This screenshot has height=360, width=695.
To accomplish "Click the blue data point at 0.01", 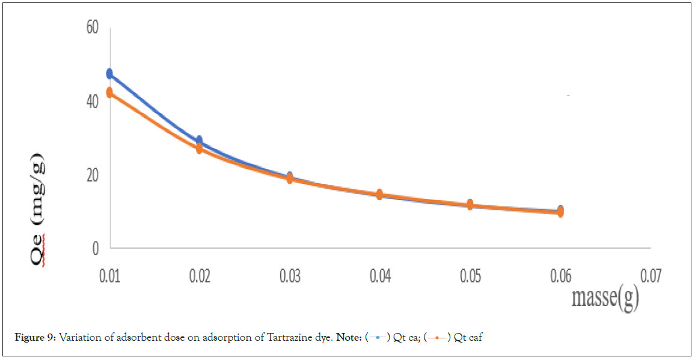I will click(x=109, y=73).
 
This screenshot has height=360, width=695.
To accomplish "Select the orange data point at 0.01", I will click(x=109, y=93).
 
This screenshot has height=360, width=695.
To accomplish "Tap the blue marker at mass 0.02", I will click(x=200, y=141).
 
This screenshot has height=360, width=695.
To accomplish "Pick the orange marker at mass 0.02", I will click(x=200, y=148).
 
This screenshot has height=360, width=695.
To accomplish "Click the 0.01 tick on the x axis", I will click(x=109, y=276).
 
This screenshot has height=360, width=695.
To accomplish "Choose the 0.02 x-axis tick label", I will click(x=200, y=276).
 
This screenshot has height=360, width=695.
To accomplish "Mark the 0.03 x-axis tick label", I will click(x=290, y=276).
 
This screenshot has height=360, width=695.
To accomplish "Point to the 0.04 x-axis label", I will click(x=380, y=276).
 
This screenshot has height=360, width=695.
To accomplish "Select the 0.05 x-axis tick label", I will click(x=470, y=276).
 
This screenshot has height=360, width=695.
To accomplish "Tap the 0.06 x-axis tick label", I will click(x=560, y=276).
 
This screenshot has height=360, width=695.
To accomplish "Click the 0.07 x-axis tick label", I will click(x=651, y=276).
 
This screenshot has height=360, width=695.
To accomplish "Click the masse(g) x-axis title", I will click(x=604, y=299).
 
